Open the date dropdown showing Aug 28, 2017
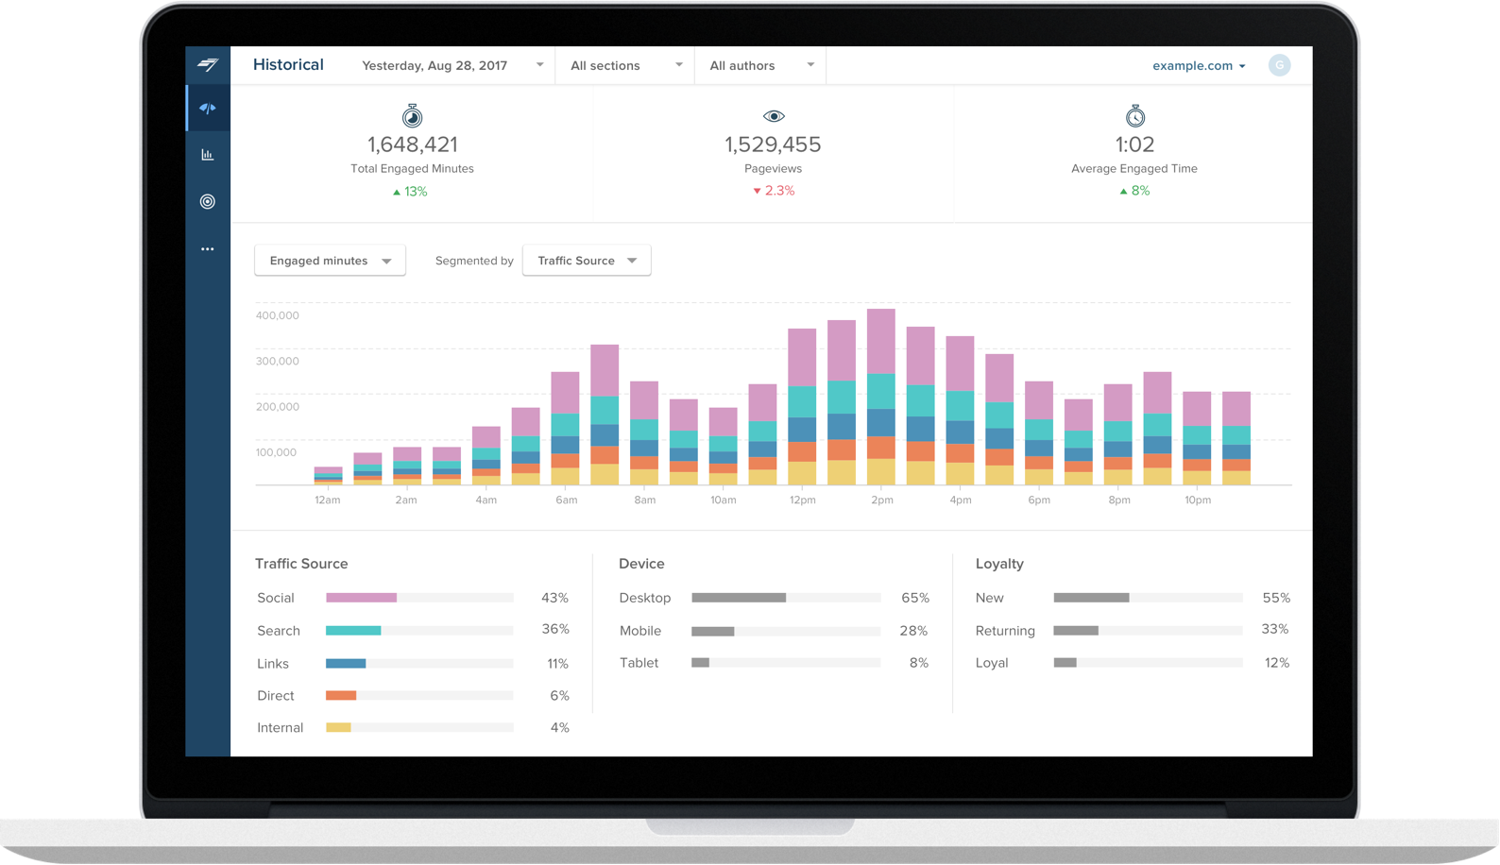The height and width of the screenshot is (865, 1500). coord(452,65)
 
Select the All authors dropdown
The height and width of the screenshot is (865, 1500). coord(761,65)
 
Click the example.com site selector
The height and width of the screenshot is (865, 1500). coord(1198,65)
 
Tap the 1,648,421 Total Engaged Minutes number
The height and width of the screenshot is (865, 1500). coord(412,144)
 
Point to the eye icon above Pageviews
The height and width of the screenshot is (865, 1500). coord(774,116)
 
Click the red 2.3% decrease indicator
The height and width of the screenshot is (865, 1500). coord(774,191)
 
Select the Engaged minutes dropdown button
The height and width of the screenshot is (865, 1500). coord(330,261)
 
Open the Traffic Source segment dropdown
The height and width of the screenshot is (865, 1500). coord(587,261)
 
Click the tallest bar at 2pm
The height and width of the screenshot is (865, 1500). coord(881,397)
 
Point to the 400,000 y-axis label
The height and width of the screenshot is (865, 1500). coord(277,315)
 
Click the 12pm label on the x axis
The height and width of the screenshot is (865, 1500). coord(802,500)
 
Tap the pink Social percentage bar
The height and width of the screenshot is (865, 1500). coord(361,598)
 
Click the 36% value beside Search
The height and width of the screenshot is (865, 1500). coord(554,629)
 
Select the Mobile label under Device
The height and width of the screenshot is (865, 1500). coord(640,631)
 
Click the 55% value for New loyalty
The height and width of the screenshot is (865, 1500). coord(1275,598)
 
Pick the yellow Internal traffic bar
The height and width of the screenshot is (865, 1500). coord(338,727)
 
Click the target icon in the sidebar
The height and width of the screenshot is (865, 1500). coord(208,201)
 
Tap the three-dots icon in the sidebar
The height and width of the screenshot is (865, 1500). coord(208,249)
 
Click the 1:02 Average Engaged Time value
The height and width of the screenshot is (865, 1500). coord(1134,144)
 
